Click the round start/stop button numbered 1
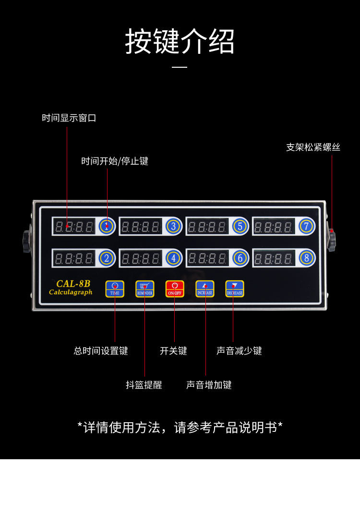[x=107, y=226]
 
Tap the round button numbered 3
[x=174, y=226]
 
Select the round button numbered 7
[x=306, y=226]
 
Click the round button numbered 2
[x=107, y=258]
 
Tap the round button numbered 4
[x=174, y=258]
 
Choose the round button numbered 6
[x=240, y=258]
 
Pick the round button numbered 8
[x=306, y=258]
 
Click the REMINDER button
[x=144, y=289]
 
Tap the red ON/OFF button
[x=174, y=289]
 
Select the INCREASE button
[x=204, y=289]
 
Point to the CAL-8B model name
[x=73, y=283]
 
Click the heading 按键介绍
[x=180, y=41]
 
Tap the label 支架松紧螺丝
[x=313, y=147]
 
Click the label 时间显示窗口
[x=69, y=118]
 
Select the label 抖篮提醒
[x=144, y=385]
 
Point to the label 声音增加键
[x=209, y=385]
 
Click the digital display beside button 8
[x=274, y=258]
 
